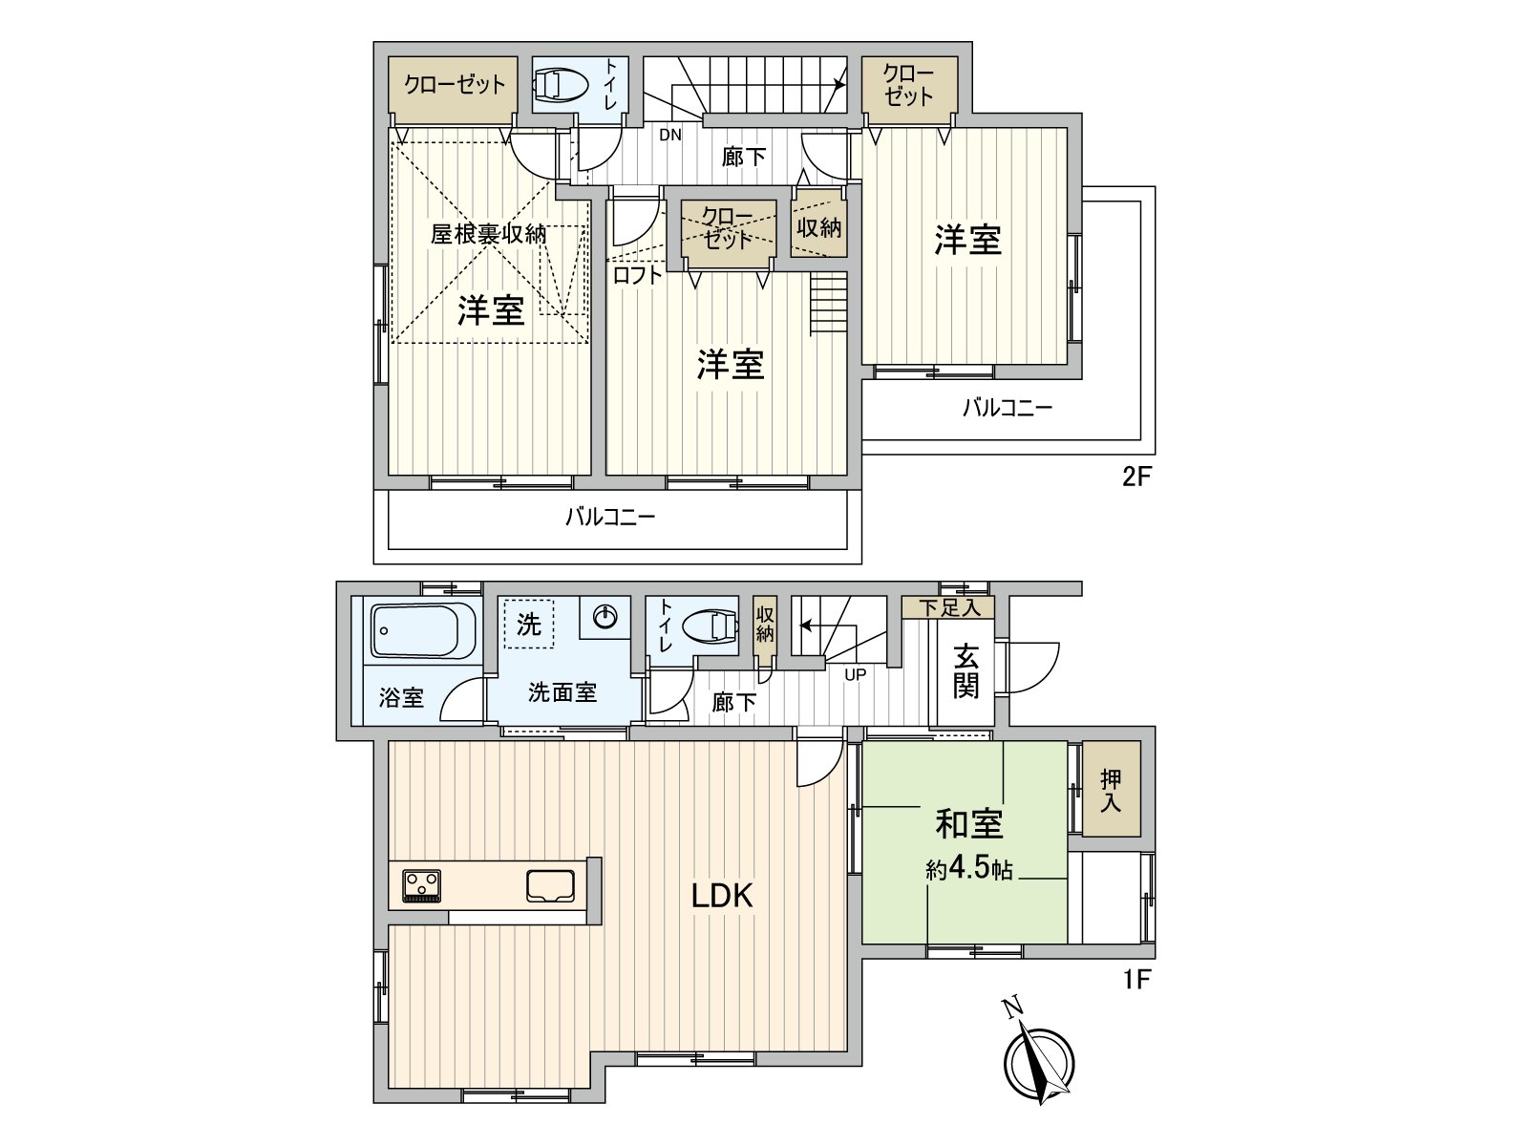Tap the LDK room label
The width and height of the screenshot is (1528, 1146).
pyautogui.click(x=722, y=895)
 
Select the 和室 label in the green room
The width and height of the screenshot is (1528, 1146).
pyautogui.click(x=968, y=823)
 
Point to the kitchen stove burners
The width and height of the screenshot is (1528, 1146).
pyautogui.click(x=421, y=884)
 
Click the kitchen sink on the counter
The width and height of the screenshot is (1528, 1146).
pyautogui.click(x=551, y=885)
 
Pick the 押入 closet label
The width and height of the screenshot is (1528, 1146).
pyautogui.click(x=1110, y=791)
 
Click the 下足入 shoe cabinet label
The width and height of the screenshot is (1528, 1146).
pyautogui.click(x=949, y=607)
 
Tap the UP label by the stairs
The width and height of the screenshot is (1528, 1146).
pyautogui.click(x=855, y=674)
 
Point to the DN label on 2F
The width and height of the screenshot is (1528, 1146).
pyautogui.click(x=670, y=135)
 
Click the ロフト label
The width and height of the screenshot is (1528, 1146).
pyautogui.click(x=637, y=276)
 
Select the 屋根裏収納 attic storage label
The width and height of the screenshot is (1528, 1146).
pyautogui.click(x=488, y=233)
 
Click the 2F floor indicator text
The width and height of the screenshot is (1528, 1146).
pyautogui.click(x=1137, y=476)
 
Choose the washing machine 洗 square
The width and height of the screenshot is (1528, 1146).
pyautogui.click(x=528, y=624)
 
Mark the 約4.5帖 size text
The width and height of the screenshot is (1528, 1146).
pyautogui.click(x=968, y=870)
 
